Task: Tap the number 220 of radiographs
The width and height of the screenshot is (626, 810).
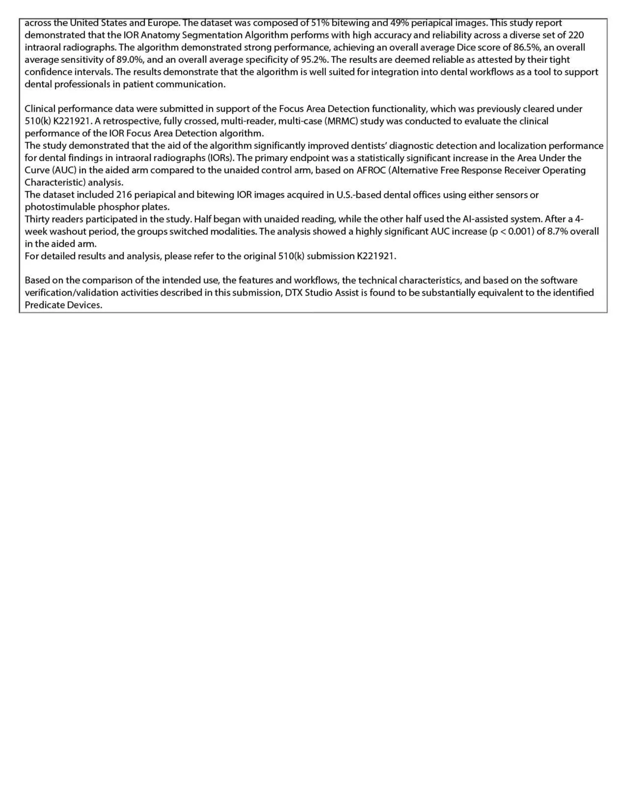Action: [x=576, y=35]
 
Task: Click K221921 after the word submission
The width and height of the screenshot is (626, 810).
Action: [x=376, y=256]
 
